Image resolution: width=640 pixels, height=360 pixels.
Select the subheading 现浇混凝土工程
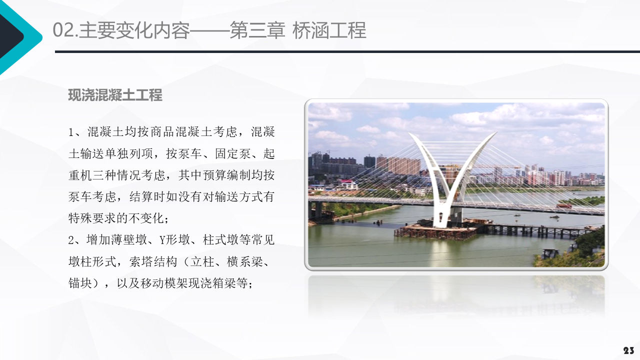point(115,95)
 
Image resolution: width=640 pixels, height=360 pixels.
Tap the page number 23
point(628,350)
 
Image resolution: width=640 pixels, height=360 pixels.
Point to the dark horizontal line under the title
point(345,51)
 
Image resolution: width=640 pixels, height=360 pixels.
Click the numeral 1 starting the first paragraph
point(71,132)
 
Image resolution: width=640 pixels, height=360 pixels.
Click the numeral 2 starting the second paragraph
point(71,240)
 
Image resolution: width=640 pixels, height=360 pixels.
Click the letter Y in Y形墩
point(162,240)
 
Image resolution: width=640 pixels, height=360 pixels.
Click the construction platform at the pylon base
point(435,231)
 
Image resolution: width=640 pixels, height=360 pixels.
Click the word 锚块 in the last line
point(80,283)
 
